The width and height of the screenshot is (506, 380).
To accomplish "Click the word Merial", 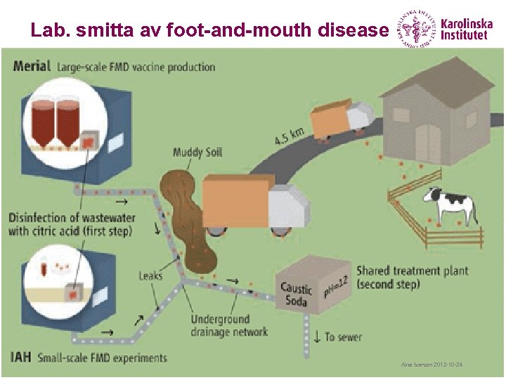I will (x=32, y=67).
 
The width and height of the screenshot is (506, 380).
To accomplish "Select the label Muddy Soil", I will (x=197, y=153).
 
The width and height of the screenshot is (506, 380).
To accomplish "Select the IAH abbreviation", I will (x=21, y=357).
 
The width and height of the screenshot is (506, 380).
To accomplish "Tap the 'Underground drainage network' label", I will (x=229, y=325).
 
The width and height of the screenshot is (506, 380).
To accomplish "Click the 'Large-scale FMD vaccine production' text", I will (x=136, y=67).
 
